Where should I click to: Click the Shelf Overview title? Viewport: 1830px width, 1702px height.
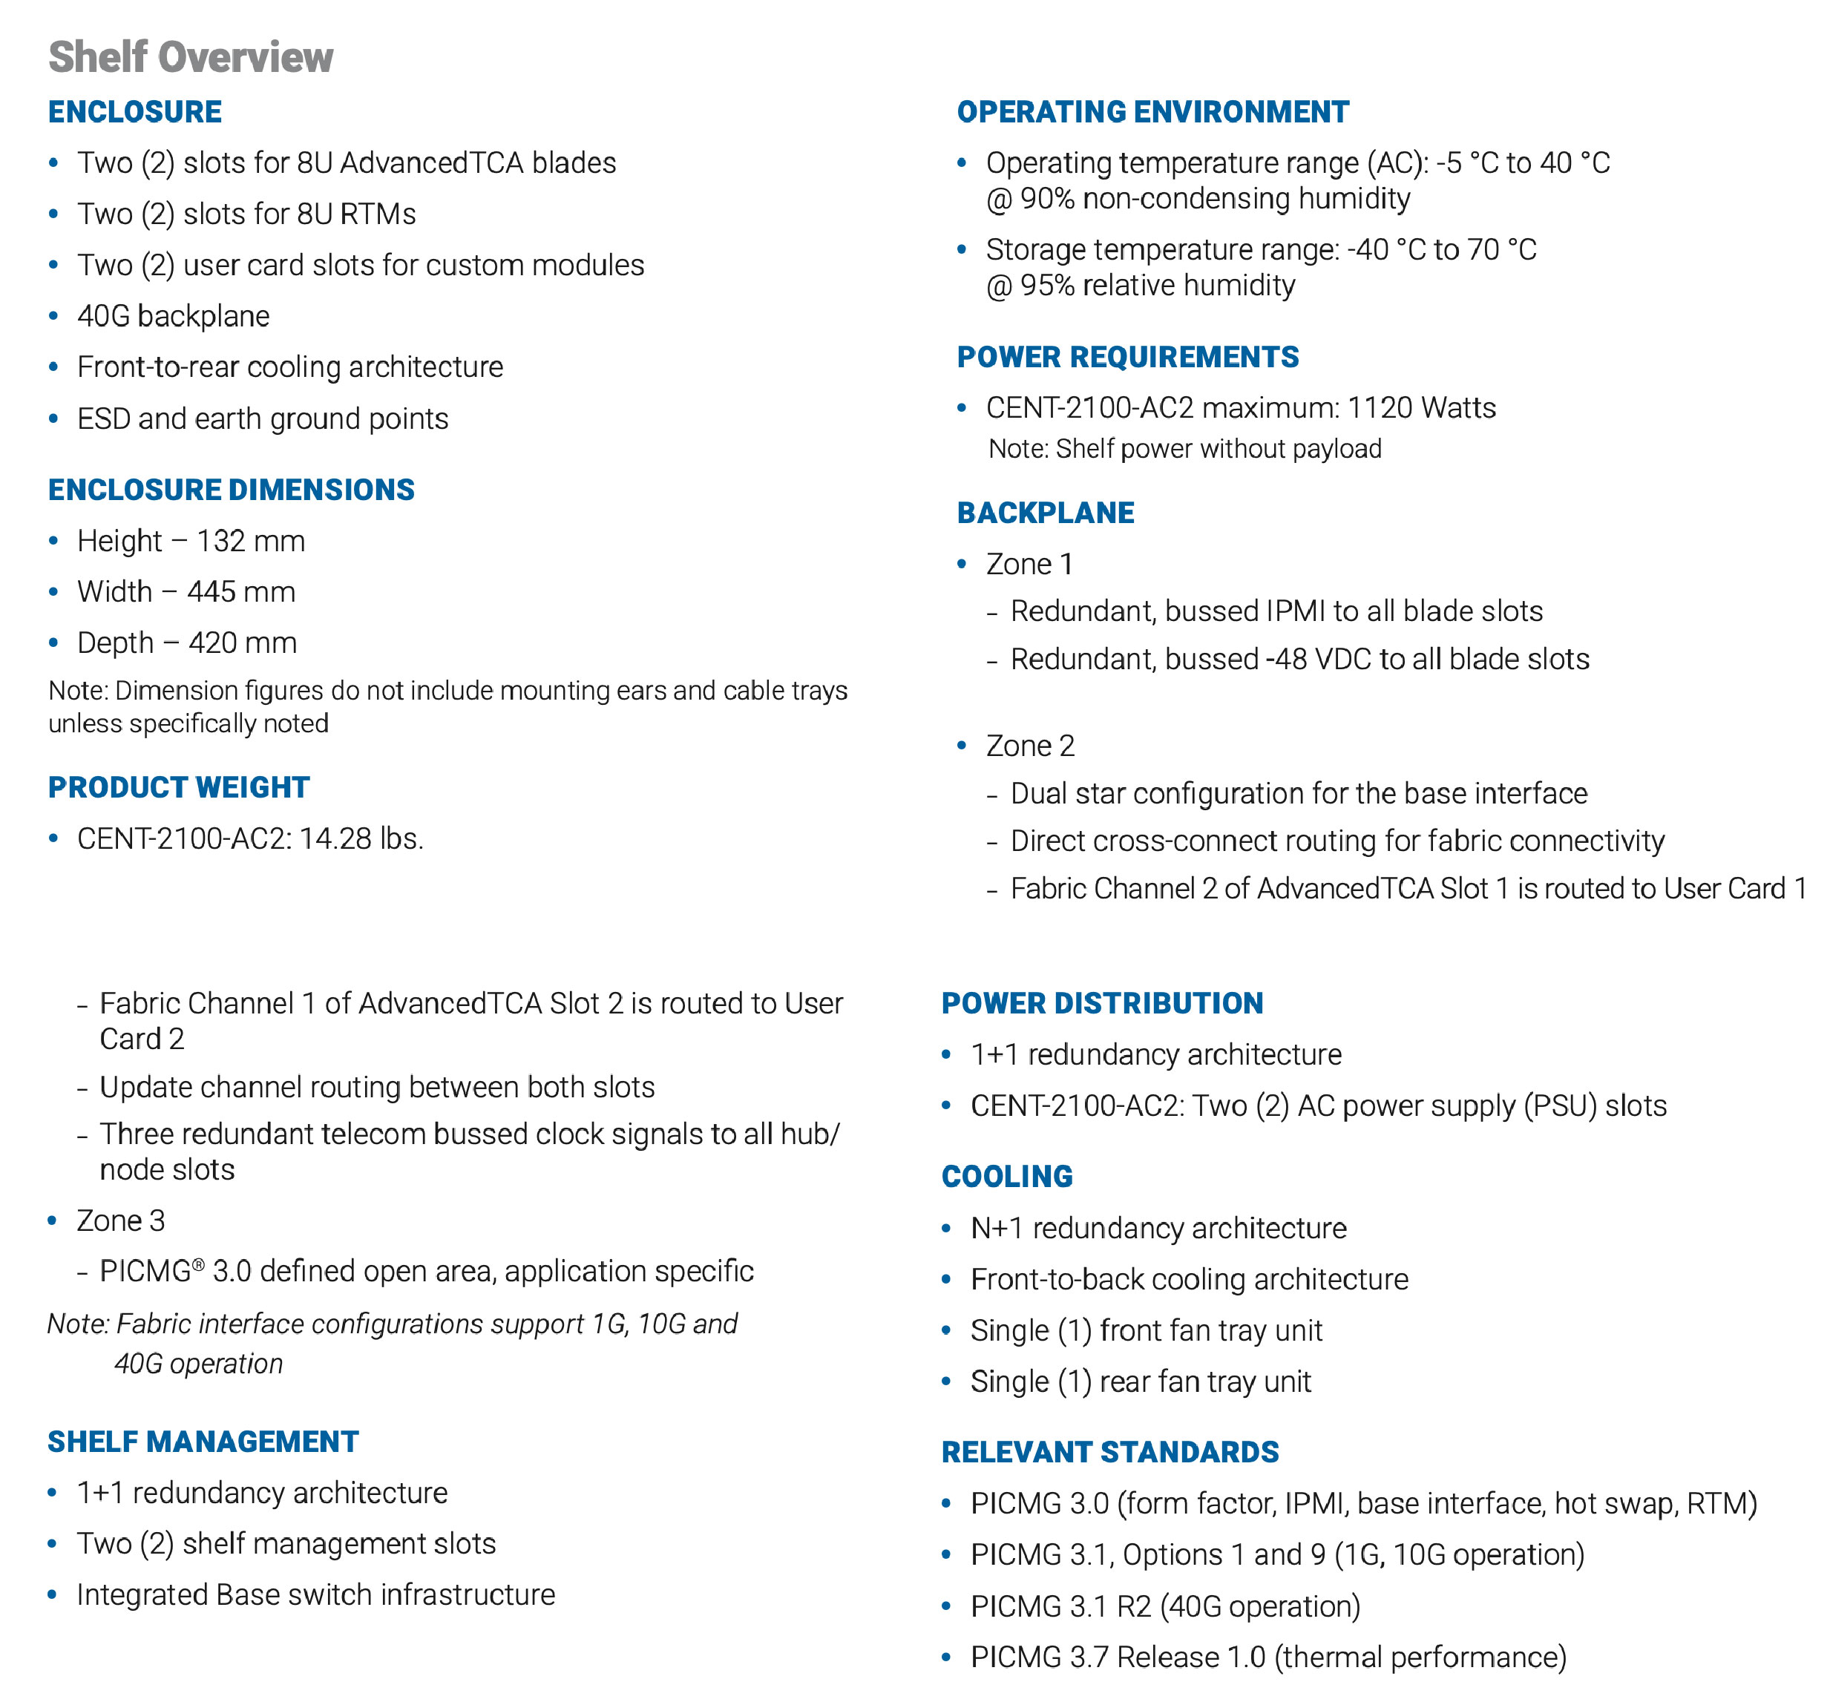click(191, 57)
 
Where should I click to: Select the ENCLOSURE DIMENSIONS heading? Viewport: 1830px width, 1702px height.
click(231, 490)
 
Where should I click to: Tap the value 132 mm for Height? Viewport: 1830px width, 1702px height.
click(250, 542)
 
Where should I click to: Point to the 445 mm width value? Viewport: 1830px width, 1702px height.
click(241, 592)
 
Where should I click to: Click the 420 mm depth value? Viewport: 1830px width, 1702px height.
click(242, 643)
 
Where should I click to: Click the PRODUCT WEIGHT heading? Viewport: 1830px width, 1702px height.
click(179, 788)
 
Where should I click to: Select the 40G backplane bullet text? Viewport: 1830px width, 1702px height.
click(173, 317)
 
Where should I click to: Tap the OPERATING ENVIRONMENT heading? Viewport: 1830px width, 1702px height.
click(1152, 112)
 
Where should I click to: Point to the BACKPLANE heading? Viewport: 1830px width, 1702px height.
click(1045, 513)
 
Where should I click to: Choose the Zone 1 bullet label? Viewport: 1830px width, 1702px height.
click(1029, 565)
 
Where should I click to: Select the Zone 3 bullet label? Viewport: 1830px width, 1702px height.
click(120, 1220)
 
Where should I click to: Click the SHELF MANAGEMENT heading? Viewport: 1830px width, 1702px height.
click(203, 1442)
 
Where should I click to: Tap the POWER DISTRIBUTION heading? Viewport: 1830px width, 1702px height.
click(1102, 1003)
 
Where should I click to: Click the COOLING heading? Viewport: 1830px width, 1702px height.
click(1007, 1177)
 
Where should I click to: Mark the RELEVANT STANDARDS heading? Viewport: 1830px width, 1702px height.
click(1109, 1453)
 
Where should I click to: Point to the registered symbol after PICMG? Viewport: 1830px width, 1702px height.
click(198, 1265)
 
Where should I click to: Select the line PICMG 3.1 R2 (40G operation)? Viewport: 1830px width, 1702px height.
click(1164, 1606)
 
